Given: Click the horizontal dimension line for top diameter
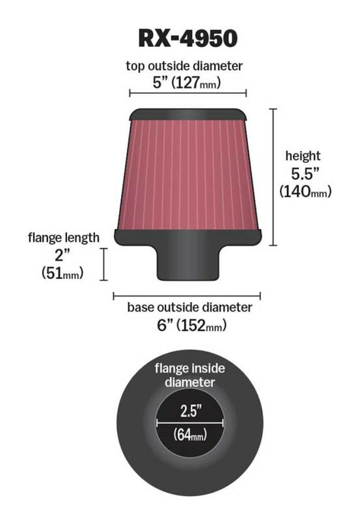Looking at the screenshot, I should point(188,93).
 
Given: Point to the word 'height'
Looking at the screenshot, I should point(303,156).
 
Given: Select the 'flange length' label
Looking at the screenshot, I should point(64,237).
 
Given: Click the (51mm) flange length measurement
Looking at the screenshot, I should point(63,273).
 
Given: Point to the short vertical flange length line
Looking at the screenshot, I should point(105,263).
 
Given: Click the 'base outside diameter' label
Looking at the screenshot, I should point(190,307).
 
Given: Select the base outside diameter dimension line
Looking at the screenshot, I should point(186,295).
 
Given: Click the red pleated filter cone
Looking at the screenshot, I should point(188,174).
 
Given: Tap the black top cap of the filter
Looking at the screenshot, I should point(188,113).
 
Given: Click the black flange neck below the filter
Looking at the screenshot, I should point(188,263).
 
